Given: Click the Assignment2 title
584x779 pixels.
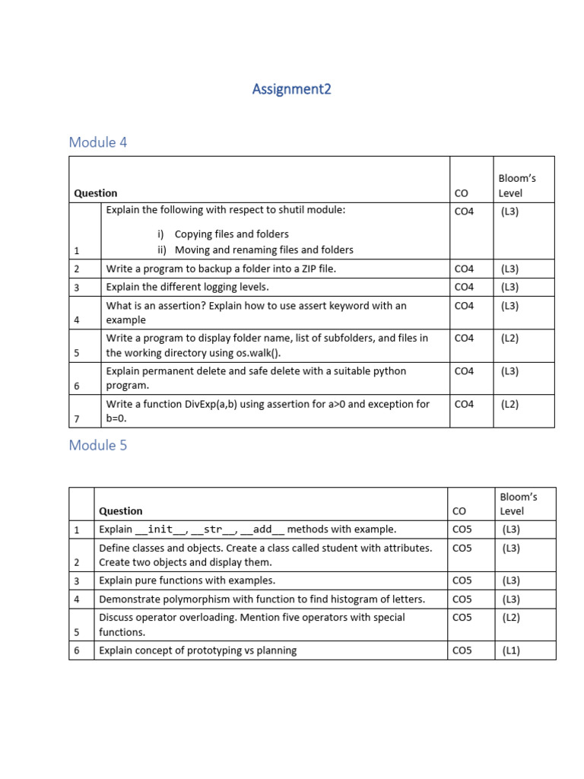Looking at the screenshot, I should pos(291,90).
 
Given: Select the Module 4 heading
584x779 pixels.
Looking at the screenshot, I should pos(97,142).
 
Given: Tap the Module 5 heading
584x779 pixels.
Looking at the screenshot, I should pos(97,446).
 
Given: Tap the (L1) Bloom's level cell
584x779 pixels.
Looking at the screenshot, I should pos(510,650).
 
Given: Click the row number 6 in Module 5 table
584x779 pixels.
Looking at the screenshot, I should pos(77,650).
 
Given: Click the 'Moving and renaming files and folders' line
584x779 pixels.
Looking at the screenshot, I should pos(264,250).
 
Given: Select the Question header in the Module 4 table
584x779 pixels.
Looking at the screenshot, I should pos(96,193).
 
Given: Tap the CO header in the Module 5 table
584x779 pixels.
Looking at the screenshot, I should pos(459,511).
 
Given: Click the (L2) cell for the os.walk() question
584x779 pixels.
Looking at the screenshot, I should pos(509,339).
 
